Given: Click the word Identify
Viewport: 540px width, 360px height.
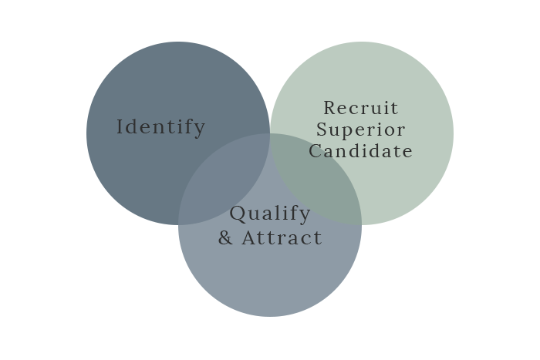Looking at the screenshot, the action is [x=160, y=127].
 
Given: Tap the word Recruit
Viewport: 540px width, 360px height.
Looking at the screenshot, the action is [x=361, y=108].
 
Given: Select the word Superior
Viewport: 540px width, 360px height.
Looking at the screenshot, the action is [x=360, y=130].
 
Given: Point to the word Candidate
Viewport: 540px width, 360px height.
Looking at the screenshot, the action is [x=360, y=151].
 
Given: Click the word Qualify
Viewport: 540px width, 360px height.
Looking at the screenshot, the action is [x=270, y=214].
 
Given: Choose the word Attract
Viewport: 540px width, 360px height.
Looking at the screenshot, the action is [x=282, y=238].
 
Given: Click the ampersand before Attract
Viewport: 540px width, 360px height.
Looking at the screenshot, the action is [x=225, y=238].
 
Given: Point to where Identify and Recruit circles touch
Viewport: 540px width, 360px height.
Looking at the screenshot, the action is [x=270, y=133].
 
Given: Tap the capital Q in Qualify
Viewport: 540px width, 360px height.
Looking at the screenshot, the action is [x=238, y=214].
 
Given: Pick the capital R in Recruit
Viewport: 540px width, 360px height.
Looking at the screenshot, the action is [x=330, y=108].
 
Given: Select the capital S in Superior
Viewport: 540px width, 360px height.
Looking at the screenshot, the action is [x=322, y=130].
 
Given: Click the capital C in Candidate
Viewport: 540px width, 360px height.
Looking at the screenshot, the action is [x=315, y=151].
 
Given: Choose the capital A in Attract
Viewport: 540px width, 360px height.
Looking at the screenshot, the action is [x=249, y=238].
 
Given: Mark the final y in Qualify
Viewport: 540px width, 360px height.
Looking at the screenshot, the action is [x=305, y=217].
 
